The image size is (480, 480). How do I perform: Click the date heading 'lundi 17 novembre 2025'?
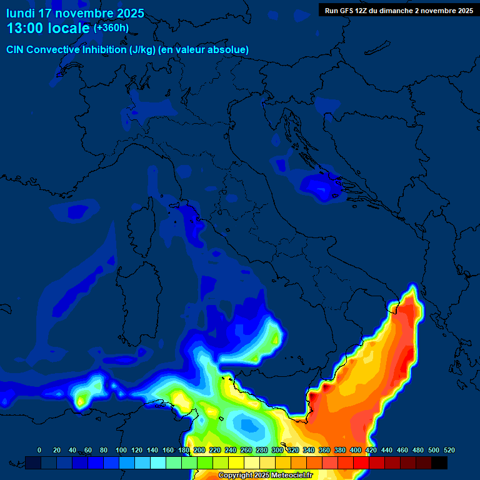[x=75, y=13]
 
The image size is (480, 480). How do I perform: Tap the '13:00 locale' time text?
[x=48, y=28]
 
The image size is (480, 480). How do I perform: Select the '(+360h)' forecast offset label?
[x=111, y=28]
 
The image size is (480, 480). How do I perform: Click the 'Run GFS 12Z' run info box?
[x=399, y=11]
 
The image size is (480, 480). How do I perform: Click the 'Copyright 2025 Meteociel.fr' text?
[x=265, y=476]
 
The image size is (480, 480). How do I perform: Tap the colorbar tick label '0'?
[x=39, y=450]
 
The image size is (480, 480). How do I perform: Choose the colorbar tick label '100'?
[x=121, y=450]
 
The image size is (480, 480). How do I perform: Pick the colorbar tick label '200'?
[x=199, y=450]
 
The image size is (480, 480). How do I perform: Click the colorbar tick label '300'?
[x=277, y=450]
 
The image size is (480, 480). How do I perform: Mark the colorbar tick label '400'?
[x=356, y=450]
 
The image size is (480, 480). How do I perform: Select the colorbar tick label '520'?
[x=449, y=450]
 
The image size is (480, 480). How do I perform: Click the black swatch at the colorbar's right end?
[x=439, y=462]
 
